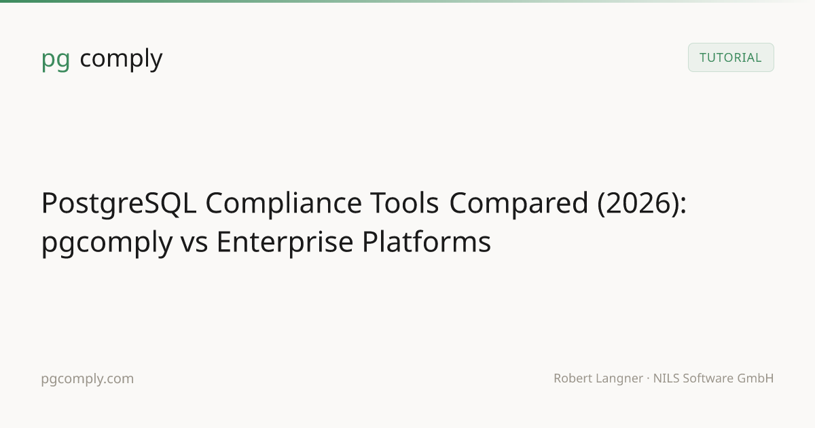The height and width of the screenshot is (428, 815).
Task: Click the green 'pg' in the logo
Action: (56, 59)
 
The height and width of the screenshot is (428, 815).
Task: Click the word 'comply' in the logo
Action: (121, 58)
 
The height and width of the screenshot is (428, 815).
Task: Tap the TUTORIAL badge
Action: (731, 58)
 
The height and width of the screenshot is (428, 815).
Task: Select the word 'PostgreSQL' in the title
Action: (119, 204)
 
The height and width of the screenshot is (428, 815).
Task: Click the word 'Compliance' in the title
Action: (283, 204)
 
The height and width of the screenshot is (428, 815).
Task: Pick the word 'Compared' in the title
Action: (519, 203)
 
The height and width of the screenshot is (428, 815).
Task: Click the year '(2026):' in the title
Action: (642, 203)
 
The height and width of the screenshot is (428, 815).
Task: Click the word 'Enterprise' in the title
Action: (285, 243)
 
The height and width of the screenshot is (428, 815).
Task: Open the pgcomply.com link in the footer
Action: (88, 379)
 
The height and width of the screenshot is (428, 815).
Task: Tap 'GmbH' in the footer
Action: (755, 378)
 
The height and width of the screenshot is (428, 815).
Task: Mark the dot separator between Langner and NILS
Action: (649, 378)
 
